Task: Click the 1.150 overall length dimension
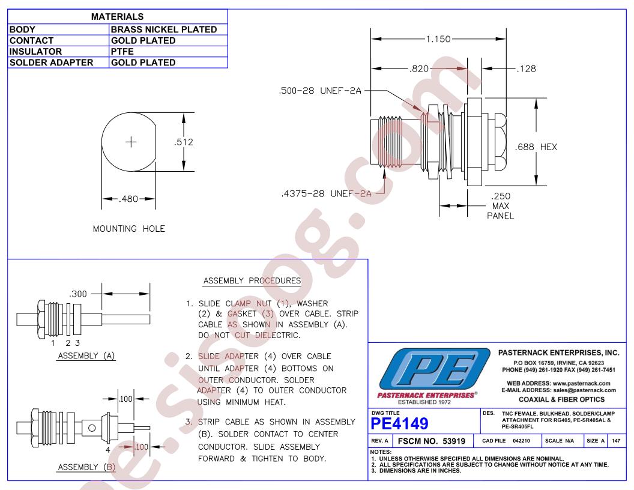438,39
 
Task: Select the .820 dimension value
419,68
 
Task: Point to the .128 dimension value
527,68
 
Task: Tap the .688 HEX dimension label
536,147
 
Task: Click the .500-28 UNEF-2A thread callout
320,91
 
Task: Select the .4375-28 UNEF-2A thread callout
326,193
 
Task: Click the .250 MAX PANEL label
501,206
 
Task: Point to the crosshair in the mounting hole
131,142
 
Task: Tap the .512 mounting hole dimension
184,142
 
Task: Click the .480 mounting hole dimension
128,199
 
